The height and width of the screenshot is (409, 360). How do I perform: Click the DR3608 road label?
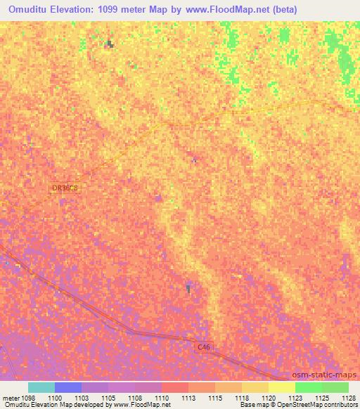pos(64,188)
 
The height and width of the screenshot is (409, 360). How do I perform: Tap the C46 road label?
pos(204,347)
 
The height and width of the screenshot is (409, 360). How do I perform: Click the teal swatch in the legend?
pos(41,387)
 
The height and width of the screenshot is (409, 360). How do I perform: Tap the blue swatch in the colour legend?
pos(68,387)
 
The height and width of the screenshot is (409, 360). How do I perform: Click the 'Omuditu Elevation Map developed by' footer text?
pos(46,405)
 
